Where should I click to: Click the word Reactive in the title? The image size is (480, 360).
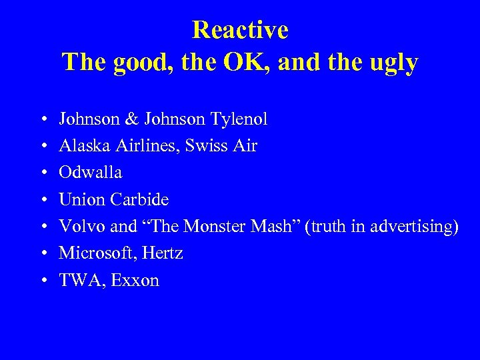pyautogui.click(x=240, y=30)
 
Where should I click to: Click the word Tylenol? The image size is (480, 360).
pyautogui.click(x=239, y=119)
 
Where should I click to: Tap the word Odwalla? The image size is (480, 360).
pyautogui.click(x=91, y=173)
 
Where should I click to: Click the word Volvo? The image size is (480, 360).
pyautogui.click(x=82, y=226)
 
